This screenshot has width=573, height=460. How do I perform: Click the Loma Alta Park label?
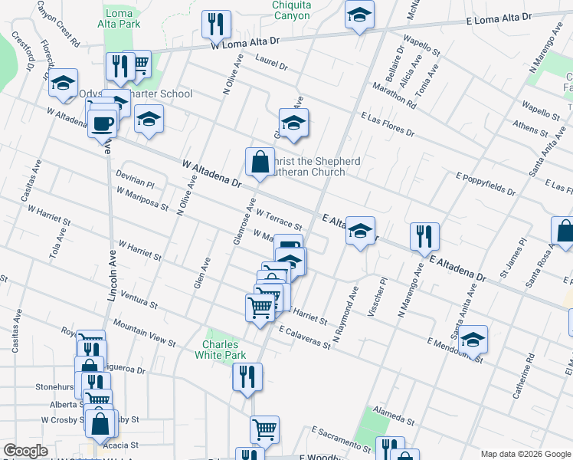[123, 18]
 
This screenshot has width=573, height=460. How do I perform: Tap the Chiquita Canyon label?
[291, 10]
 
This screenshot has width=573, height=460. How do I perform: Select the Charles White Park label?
[224, 350]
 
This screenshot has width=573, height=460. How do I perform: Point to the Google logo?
[25, 451]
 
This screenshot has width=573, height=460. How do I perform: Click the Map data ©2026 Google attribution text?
[526, 453]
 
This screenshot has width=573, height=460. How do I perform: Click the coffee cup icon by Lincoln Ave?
[102, 122]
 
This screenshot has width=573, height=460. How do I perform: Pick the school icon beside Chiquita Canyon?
[359, 15]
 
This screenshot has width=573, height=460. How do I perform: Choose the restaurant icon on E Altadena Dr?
[424, 237]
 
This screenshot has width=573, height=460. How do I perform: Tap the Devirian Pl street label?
[135, 180]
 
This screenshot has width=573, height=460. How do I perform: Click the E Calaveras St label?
[304, 338]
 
